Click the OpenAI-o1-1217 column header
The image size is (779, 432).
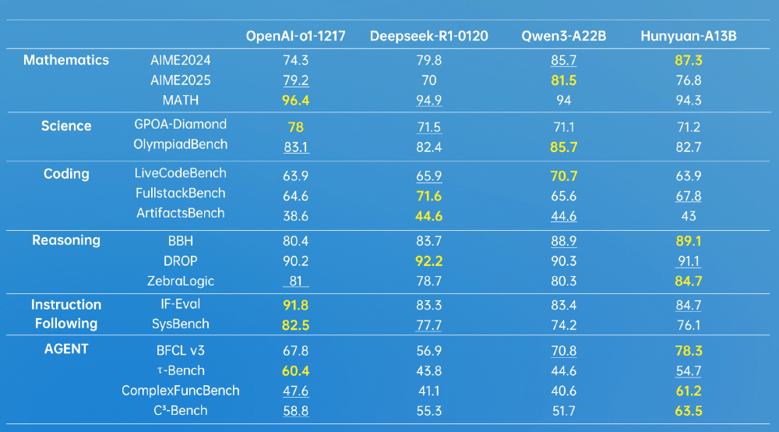coord(295,37)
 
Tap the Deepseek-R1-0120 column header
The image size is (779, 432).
coord(428,37)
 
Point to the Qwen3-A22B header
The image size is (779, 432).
coord(559,37)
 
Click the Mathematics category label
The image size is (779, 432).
coord(66,60)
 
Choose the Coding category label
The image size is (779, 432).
coord(66,174)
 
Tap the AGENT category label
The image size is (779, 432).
coord(66,349)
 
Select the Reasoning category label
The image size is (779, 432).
coord(66,240)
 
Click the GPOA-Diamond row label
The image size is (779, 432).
coord(181,124)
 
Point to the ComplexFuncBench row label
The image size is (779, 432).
coord(181,391)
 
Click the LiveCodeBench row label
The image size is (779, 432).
coord(181,173)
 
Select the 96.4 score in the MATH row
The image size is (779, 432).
coord(295,101)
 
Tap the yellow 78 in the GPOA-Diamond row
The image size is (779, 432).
coord(295,127)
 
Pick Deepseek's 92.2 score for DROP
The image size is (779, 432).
coord(428,261)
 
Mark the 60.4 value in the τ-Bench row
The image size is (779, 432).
coord(295,370)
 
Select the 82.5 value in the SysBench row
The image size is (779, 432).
coord(295,325)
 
